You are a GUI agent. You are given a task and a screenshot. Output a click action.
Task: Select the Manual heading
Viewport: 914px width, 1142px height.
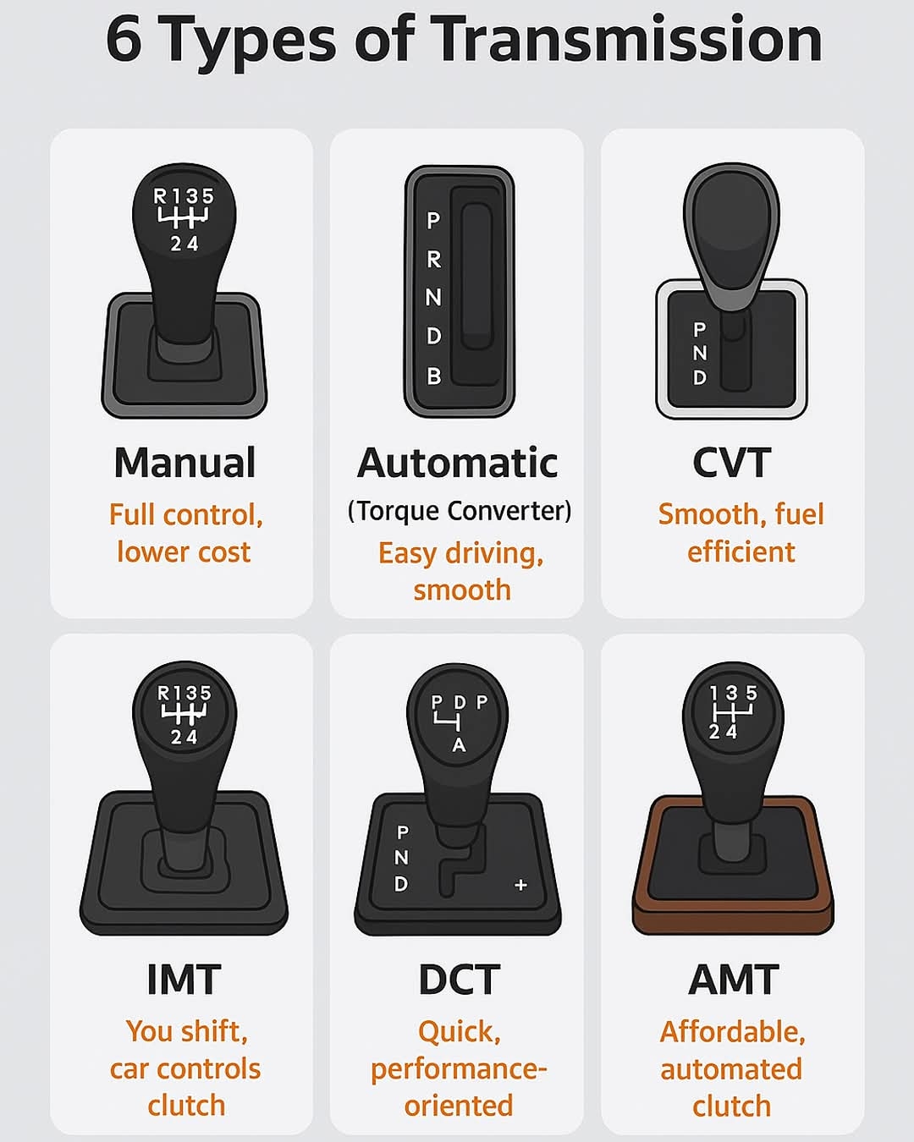tap(184, 463)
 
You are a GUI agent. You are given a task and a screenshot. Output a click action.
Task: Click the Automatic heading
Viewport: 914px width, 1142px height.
tap(457, 463)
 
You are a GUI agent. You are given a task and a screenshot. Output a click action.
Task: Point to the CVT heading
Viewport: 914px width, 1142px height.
tap(732, 463)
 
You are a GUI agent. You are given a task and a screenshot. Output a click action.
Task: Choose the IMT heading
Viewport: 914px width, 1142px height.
tap(184, 980)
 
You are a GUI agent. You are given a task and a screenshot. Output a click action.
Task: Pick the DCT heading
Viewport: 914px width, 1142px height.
tap(459, 980)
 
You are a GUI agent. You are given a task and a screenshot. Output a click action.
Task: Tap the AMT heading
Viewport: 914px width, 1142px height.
tap(734, 980)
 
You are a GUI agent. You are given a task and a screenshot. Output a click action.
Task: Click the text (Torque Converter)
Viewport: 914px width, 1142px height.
tap(460, 511)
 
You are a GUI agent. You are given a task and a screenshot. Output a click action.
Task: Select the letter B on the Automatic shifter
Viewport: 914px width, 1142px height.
tap(434, 376)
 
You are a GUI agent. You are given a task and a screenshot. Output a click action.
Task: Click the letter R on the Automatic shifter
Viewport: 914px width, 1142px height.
tap(434, 260)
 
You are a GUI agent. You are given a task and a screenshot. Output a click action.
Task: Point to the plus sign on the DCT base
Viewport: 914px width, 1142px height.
tap(521, 885)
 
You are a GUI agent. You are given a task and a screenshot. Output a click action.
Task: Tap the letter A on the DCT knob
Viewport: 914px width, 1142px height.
tap(460, 745)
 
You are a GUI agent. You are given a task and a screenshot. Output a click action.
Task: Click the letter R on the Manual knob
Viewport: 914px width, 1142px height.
tap(160, 196)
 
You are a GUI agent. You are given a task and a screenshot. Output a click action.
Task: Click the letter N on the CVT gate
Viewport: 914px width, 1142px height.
tap(700, 353)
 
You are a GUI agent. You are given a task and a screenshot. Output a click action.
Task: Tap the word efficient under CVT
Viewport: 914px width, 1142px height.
tap(741, 552)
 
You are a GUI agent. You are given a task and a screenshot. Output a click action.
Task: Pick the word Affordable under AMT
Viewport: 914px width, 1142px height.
tap(732, 1032)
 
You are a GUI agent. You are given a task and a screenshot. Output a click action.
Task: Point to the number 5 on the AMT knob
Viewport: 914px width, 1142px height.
tap(752, 693)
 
